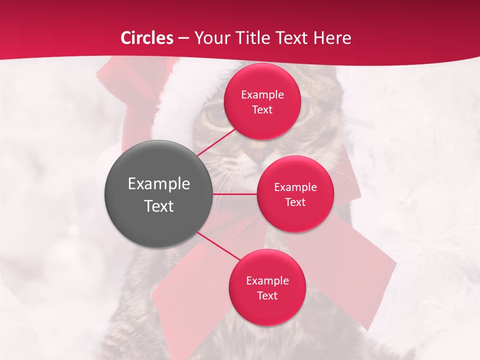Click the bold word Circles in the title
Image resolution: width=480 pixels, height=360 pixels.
pos(146,38)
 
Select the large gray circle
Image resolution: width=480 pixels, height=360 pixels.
pos(158,194)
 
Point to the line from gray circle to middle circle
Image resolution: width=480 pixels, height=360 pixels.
pos(235,194)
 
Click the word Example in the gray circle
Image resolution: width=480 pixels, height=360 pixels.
pos(159,184)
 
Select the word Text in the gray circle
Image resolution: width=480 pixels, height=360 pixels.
pos(159,205)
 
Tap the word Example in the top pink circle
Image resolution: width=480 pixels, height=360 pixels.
pos(262,94)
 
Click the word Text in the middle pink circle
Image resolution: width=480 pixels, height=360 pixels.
pos(295,202)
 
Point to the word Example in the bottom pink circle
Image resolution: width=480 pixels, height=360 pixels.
pos(267,280)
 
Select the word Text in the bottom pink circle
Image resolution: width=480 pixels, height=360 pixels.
pos(267,295)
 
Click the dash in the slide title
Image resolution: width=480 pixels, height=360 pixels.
pos(183,38)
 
